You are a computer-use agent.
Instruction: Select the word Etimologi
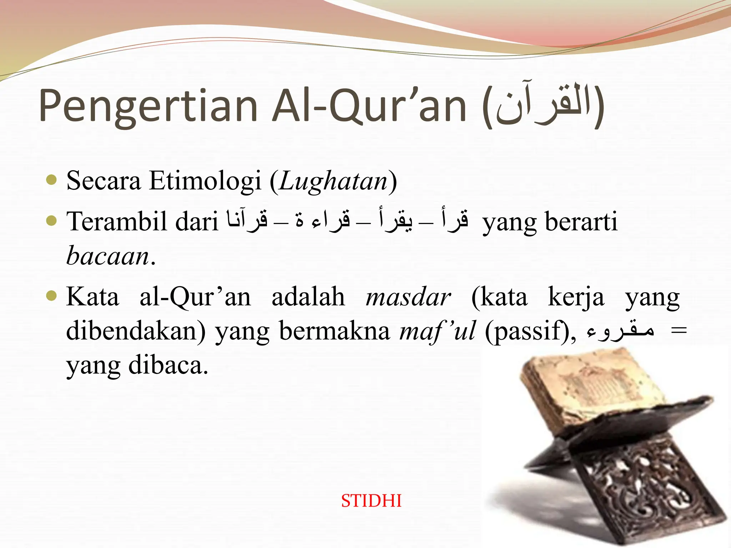[205, 181]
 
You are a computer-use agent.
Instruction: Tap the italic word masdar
[408, 297]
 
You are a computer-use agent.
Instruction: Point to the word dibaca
[168, 365]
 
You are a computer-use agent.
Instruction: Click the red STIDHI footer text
[371, 501]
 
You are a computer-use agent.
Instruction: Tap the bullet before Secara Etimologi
[52, 180]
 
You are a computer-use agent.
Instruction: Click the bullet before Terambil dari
[52, 221]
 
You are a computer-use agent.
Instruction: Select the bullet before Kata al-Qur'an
[52, 296]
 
